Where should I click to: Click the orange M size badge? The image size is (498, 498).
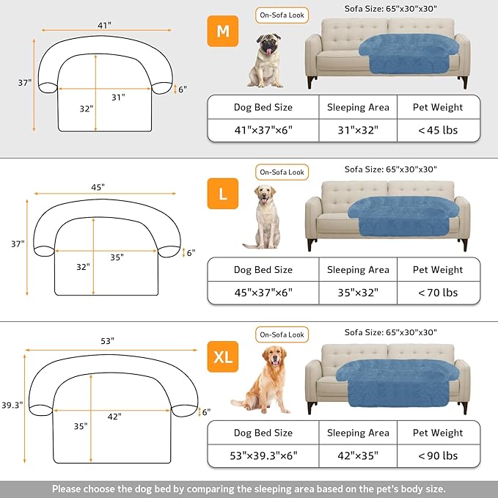coord(221,32)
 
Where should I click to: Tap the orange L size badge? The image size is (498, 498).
coord(222,194)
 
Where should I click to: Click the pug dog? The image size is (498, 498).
coord(265,59)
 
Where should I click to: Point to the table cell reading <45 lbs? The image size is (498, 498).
coord(438,130)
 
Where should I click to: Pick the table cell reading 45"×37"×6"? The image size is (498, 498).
coord(263,292)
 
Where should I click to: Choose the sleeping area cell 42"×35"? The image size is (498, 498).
coord(358,455)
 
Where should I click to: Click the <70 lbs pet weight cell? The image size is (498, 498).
coord(438,292)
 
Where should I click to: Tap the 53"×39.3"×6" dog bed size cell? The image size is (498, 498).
coord(263,455)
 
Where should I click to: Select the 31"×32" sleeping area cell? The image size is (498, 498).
coord(358,130)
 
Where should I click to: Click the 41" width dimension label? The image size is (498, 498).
coord(105,25)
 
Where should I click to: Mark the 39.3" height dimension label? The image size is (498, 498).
coord(12,405)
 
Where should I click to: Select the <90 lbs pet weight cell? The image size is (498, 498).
coord(438,455)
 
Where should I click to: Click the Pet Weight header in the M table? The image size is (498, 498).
coord(438,107)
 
